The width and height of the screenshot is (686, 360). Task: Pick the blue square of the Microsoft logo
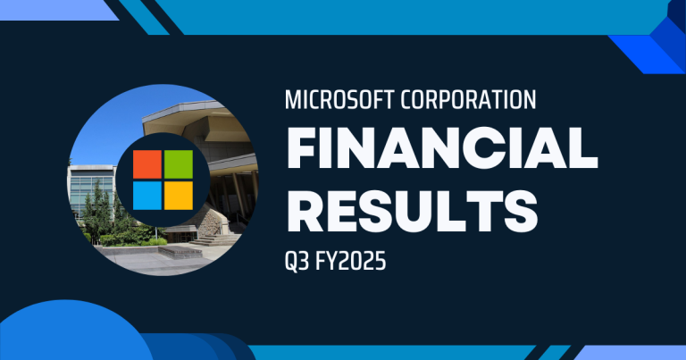click(x=147, y=196)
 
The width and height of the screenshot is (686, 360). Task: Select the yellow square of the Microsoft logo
click(x=178, y=196)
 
